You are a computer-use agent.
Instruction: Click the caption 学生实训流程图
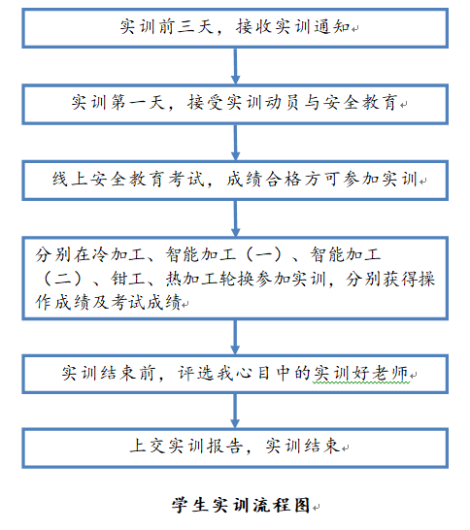click(241, 506)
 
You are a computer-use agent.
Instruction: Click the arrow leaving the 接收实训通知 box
click(235, 66)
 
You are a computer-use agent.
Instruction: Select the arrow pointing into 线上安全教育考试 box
click(235, 143)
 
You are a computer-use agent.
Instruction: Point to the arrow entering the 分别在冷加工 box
click(235, 218)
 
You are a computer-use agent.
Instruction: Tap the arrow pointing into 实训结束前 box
click(235, 337)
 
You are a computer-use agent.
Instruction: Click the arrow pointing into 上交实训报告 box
click(235, 411)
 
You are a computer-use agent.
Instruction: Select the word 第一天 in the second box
click(138, 102)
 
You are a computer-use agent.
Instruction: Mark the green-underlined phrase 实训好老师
click(361, 373)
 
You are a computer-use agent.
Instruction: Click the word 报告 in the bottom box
click(225, 446)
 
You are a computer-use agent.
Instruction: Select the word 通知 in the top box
click(332, 26)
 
